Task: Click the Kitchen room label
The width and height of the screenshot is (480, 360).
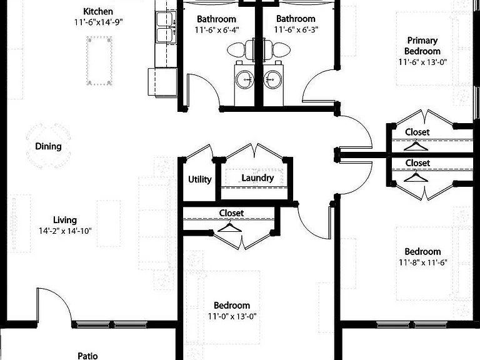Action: click(x=98, y=12)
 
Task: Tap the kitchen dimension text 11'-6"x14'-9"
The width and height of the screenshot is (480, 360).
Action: click(x=98, y=22)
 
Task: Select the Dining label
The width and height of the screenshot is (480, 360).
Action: click(x=48, y=146)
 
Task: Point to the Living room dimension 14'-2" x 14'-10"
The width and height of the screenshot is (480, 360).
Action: click(x=65, y=231)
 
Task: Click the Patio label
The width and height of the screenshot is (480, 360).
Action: click(x=88, y=356)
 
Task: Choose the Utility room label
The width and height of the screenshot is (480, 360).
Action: click(x=199, y=179)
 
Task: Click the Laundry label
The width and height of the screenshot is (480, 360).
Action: click(x=257, y=178)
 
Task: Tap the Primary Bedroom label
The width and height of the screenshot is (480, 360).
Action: click(x=422, y=46)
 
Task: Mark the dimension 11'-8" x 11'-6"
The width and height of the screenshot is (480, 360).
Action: click(x=423, y=262)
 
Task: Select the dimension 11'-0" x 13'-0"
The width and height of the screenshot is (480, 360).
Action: click(x=232, y=316)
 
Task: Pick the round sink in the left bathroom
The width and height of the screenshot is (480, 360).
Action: click(x=245, y=79)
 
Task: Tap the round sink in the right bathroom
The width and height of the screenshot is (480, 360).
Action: click(x=272, y=79)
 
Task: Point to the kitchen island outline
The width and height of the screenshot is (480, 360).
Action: click(x=99, y=61)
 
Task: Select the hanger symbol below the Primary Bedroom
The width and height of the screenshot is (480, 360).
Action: click(x=416, y=145)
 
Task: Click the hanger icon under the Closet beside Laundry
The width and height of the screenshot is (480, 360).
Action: click(x=229, y=227)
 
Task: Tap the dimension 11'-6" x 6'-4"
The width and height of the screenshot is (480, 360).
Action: click(x=217, y=30)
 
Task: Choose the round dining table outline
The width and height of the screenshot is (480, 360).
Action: click(x=49, y=146)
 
